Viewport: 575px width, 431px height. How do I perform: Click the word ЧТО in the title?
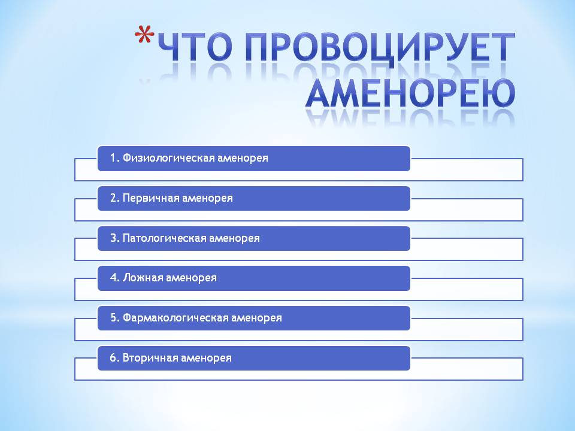coord(195,47)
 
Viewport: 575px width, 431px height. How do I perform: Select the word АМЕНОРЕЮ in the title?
coord(411,93)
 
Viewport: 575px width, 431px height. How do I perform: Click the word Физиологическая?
coord(168,158)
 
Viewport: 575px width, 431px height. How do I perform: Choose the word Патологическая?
coord(164,238)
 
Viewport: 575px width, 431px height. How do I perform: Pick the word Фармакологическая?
coord(175,318)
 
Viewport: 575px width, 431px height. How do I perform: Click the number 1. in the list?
coord(115,158)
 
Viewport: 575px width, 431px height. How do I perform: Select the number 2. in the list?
coord(115,198)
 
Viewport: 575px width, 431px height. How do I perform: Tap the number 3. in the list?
coord(115,238)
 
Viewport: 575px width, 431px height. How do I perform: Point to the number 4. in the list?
coord(115,277)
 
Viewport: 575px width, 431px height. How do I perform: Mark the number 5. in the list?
coord(115,318)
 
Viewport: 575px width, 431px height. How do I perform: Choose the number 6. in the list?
coord(115,358)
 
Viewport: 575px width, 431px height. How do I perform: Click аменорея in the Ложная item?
coord(191,278)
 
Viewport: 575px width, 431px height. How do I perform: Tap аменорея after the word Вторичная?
coord(206,359)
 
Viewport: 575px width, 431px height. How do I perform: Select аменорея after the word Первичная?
coord(207,199)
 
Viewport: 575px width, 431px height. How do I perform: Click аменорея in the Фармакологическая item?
coord(257,318)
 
